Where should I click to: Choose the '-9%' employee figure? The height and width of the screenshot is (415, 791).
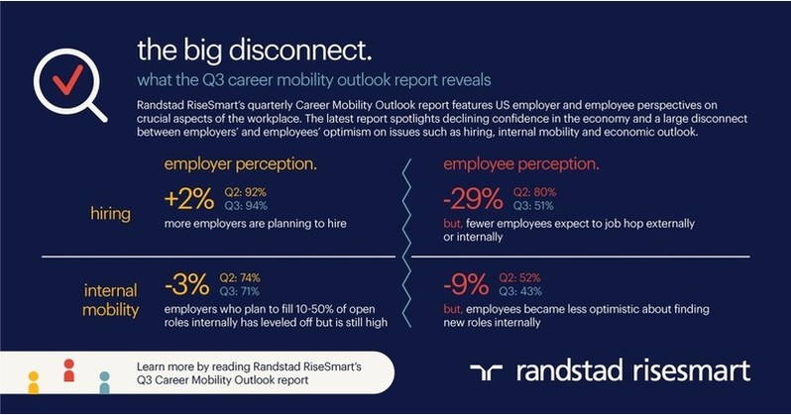465,286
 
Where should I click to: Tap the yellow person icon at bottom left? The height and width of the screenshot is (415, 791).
34,380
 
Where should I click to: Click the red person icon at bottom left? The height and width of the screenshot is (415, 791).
68,370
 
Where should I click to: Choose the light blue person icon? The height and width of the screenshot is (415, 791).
104,381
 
